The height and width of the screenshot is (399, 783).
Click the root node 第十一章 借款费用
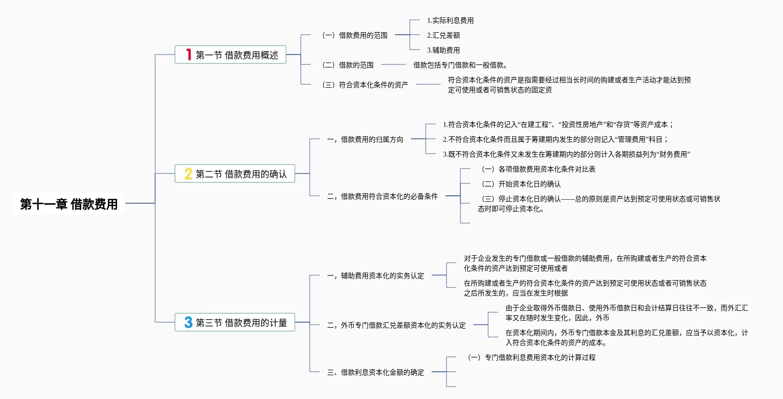[69, 204]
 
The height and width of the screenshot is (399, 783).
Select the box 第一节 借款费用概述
[230, 55]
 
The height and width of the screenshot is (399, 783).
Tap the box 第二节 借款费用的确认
[235, 173]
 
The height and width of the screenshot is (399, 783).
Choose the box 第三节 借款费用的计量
[235, 322]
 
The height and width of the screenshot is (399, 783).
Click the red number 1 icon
[188, 55]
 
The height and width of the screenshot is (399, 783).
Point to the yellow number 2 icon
[188, 173]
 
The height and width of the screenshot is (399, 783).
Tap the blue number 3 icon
[188, 322]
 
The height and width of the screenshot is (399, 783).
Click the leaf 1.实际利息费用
[450, 20]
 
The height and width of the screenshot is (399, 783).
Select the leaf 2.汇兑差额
[443, 35]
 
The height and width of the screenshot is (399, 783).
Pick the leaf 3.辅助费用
[443, 50]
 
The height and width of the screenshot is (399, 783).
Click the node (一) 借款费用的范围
[355, 35]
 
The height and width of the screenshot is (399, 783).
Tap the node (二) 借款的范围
[348, 65]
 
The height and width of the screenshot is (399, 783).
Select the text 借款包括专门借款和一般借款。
[460, 65]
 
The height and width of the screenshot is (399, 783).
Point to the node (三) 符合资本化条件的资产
[365, 85]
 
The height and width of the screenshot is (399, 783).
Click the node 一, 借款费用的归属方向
[365, 139]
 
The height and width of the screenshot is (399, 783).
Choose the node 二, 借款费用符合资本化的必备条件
[382, 196]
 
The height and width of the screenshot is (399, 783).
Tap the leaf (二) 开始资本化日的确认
[521, 184]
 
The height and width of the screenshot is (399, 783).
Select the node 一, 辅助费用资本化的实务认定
[375, 276]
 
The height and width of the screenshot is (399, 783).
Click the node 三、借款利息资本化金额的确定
[375, 372]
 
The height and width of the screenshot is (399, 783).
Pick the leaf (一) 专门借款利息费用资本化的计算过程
[532, 357]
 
